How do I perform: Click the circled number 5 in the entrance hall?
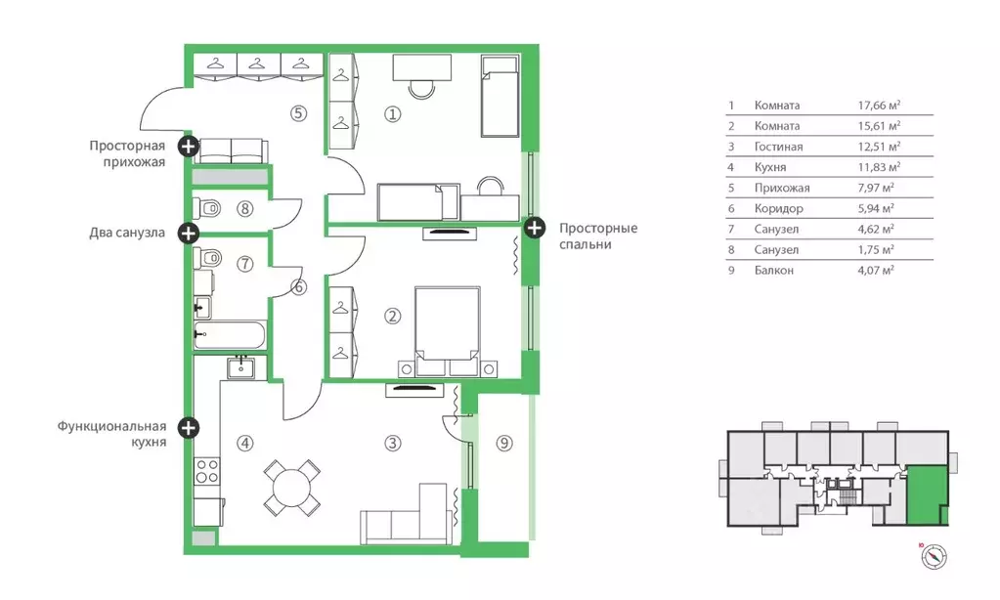click(298, 113)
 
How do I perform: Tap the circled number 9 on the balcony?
click(504, 443)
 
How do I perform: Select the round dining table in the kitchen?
click(292, 488)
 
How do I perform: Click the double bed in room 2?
click(447, 331)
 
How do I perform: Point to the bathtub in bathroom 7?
click(229, 335)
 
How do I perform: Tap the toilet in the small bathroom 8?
click(206, 208)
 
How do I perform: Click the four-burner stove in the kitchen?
click(206, 471)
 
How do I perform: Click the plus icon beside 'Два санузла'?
click(188, 233)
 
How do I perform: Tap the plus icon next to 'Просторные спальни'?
click(535, 227)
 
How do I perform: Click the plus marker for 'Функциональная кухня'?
click(188, 427)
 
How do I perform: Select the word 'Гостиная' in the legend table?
click(778, 147)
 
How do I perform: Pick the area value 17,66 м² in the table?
click(879, 106)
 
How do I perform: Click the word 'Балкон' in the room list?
click(773, 271)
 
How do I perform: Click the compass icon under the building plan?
click(934, 557)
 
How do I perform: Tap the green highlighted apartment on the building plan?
click(927, 494)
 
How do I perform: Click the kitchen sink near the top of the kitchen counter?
click(241, 367)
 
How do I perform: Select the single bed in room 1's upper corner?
click(500, 96)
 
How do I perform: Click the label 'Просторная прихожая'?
click(127, 153)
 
